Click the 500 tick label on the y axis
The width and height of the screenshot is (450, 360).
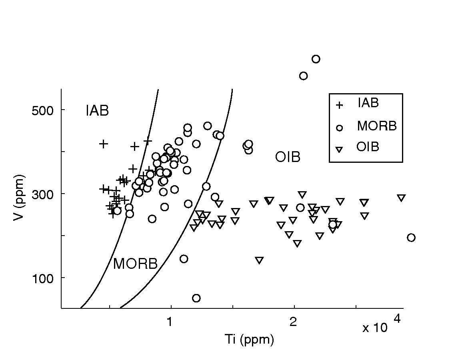click(x=43, y=110)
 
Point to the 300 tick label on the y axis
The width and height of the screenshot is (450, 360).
click(x=43, y=194)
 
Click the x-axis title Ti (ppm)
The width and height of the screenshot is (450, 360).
click(x=249, y=340)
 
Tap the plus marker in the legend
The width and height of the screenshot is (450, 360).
click(x=339, y=105)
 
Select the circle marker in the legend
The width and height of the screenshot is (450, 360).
click(x=339, y=128)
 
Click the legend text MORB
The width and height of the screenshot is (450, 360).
click(x=377, y=126)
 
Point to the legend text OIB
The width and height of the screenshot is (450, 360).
click(x=368, y=147)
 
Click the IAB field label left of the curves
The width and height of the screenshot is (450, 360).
click(x=97, y=111)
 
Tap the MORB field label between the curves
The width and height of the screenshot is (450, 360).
click(x=135, y=264)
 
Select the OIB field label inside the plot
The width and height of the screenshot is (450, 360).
click(x=288, y=157)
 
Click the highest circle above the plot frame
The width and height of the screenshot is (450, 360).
click(x=316, y=59)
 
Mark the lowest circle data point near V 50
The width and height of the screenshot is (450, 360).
click(x=196, y=298)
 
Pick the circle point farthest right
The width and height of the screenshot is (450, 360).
click(x=411, y=238)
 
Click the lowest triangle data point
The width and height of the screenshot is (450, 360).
click(x=259, y=260)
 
